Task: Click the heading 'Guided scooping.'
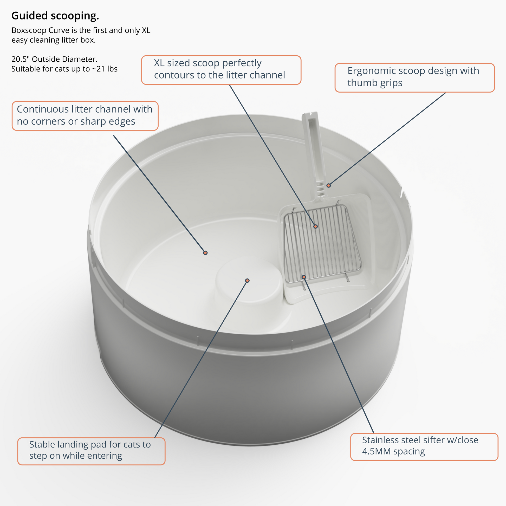(55, 16)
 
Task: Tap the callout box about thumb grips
(414, 77)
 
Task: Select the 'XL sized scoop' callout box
(221, 70)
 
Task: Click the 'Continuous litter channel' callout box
(85, 116)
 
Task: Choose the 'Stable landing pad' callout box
(91, 451)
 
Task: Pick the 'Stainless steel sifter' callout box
(424, 447)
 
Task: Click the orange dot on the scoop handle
(328, 185)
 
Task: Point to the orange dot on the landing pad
(247, 281)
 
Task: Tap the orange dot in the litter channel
(205, 253)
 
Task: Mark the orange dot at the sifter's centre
(316, 226)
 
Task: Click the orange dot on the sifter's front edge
(304, 277)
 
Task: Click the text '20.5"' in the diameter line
(20, 59)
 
